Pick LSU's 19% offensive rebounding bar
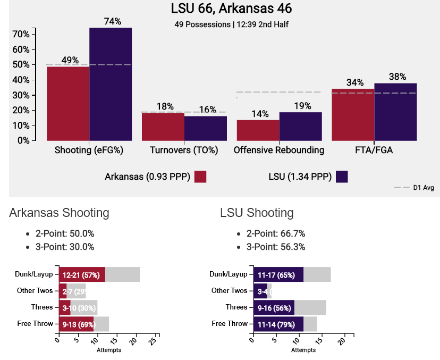click(300, 126)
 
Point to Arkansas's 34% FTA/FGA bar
click(353, 114)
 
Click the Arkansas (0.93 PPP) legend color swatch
click(200, 177)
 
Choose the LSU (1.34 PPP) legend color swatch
click(342, 177)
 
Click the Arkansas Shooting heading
click(59, 213)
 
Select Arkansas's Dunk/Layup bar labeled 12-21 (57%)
click(82, 275)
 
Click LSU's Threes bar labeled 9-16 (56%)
click(274, 307)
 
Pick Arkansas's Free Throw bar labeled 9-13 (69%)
click(76, 323)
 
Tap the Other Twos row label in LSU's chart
click(229, 290)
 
